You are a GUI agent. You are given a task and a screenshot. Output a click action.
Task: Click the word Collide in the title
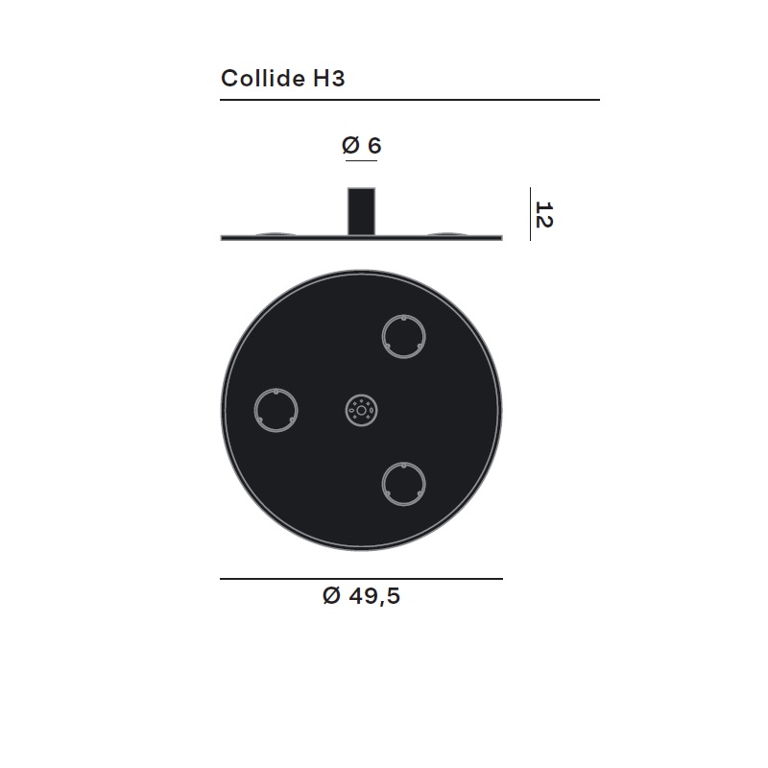pos(262,78)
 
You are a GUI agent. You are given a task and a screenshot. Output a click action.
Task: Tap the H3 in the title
pos(328,79)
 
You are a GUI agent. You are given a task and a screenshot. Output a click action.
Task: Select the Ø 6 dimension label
pos(362,146)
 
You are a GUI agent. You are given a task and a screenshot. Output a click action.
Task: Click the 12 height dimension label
pos(543,214)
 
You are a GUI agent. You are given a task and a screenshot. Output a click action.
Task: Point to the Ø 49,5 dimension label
pos(362,595)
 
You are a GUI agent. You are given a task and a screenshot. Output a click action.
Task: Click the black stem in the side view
pos(362,211)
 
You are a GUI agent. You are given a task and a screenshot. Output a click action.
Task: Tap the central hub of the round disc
pos(362,411)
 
